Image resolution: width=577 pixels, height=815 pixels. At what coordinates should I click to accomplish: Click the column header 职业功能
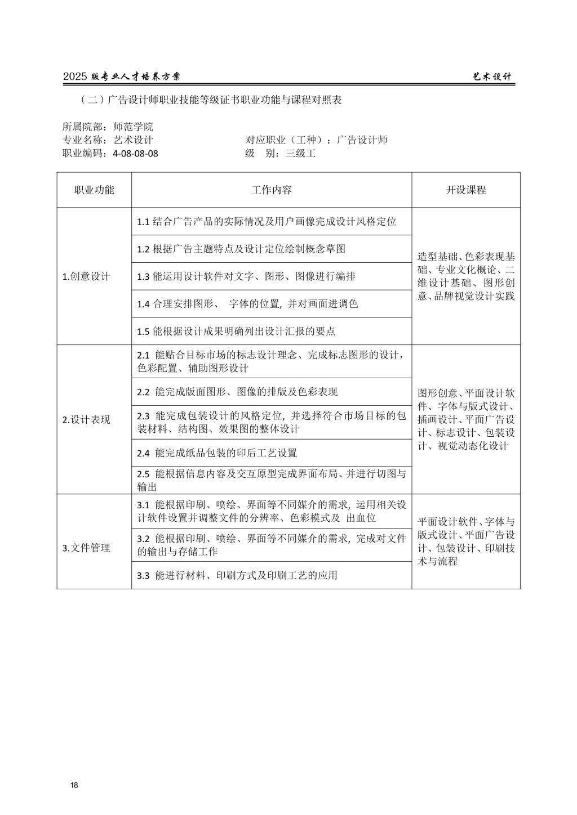(94, 190)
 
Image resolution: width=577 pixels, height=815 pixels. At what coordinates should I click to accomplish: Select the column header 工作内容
(272, 190)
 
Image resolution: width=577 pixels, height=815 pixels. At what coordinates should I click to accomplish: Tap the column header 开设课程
(466, 190)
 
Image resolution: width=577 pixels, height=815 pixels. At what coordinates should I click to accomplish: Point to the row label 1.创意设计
(86, 276)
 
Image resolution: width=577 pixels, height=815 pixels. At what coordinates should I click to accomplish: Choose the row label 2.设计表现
(86, 420)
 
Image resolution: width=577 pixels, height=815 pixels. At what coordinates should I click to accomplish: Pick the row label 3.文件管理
(86, 548)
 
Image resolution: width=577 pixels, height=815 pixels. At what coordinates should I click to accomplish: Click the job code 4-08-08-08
(135, 153)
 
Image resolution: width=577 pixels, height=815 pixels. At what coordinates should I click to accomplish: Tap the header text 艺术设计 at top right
(492, 77)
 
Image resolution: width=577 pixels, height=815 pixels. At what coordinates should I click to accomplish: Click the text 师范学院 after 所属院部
(133, 127)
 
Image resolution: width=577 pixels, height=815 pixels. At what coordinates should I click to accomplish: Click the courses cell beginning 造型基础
(466, 276)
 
